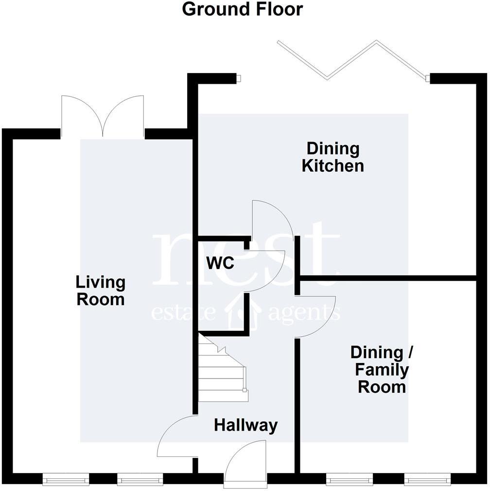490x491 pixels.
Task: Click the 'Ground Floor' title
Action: coord(242,9)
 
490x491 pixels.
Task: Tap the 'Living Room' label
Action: coord(100,291)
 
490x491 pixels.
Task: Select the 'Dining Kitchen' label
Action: coord(332,157)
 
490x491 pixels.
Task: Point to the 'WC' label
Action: coord(220,263)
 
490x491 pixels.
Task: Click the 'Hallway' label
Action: coord(245,425)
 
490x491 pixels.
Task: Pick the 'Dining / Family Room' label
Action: coord(381,370)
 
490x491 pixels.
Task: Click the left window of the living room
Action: coord(66,480)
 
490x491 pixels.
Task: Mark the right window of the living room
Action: coord(140,480)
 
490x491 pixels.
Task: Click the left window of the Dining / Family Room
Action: coord(349,480)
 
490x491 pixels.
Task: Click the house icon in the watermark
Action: coord(245,311)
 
